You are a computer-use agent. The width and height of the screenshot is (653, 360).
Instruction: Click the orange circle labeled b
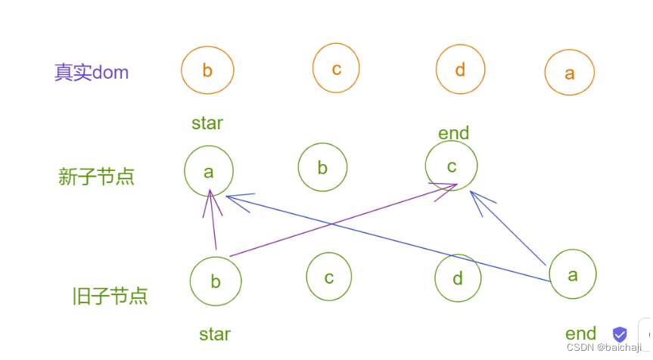tap(207, 70)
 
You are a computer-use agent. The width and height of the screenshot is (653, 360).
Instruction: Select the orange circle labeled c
tap(336, 69)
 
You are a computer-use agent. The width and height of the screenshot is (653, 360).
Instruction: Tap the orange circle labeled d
tap(460, 70)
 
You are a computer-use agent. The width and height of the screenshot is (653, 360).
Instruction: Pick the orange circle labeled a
tap(569, 73)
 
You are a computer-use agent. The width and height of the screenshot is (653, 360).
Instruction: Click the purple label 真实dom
tap(92, 73)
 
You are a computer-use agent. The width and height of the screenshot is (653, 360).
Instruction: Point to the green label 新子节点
tap(96, 177)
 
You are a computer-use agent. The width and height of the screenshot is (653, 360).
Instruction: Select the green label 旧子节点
tap(110, 296)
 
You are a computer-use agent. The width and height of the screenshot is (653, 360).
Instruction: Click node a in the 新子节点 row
tap(209, 172)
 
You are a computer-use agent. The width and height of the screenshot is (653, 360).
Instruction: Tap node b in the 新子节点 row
tap(322, 167)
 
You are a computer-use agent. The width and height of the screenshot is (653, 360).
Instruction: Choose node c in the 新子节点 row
tap(451, 166)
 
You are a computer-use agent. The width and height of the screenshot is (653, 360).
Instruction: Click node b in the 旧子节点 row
tap(216, 281)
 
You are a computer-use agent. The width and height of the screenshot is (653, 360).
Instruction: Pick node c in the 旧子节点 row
tap(329, 277)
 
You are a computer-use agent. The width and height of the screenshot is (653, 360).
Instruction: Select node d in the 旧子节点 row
tap(458, 278)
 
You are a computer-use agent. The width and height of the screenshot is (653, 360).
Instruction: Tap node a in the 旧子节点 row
tap(573, 275)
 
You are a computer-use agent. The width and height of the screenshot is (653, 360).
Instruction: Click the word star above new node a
tap(207, 123)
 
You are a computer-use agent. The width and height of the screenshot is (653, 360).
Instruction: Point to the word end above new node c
tap(454, 134)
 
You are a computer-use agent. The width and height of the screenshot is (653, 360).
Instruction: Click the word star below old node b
tap(215, 334)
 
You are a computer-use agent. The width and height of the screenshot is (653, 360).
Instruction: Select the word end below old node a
tap(581, 334)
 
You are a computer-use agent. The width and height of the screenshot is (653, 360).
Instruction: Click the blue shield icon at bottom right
tap(620, 334)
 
